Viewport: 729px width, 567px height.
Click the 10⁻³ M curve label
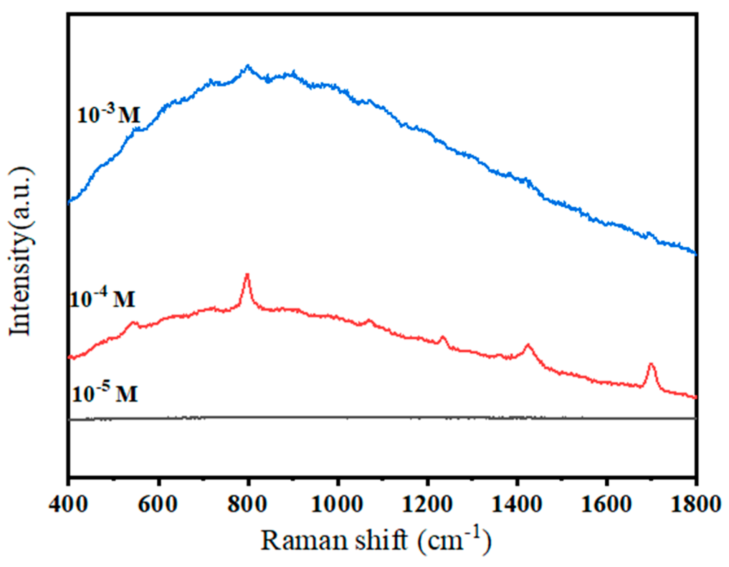click(109, 114)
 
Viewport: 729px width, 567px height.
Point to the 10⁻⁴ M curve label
click(102, 298)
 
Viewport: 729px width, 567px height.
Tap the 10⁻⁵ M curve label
click(104, 393)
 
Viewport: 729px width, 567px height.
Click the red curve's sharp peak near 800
click(247, 274)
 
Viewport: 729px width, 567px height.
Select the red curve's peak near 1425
click(528, 345)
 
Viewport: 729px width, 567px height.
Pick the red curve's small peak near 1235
click(443, 337)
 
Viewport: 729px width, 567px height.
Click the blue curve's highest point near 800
click(247, 66)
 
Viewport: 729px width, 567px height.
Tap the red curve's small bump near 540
click(133, 323)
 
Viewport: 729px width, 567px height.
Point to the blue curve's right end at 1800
click(695, 254)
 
